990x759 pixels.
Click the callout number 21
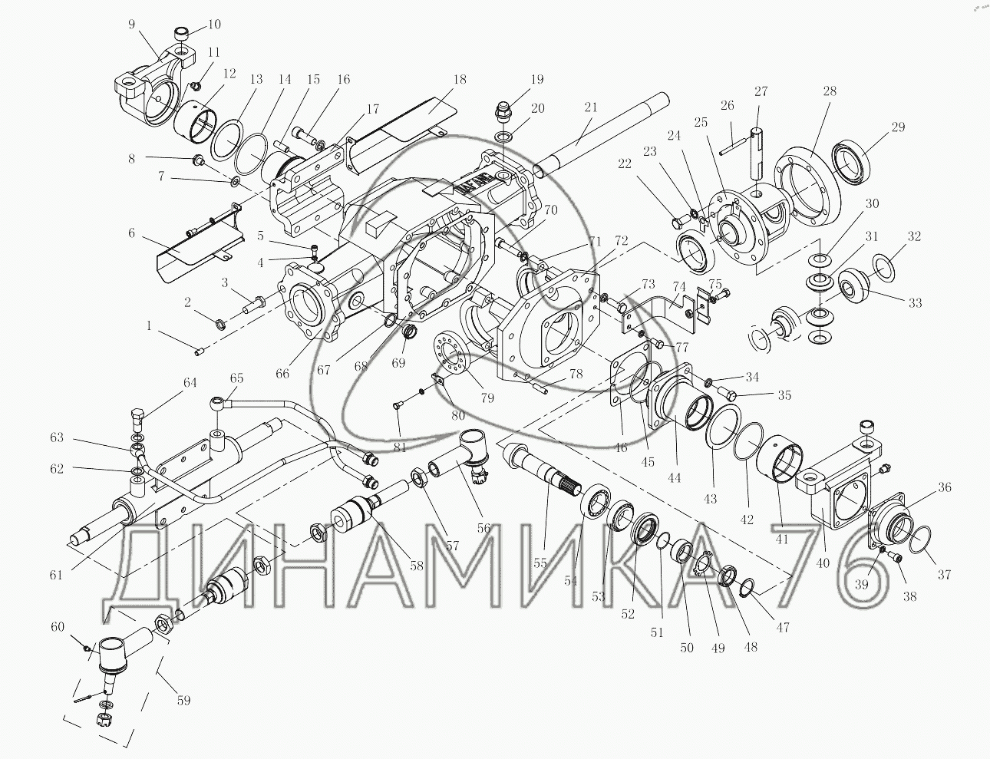click(x=589, y=108)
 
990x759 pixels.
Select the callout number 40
click(x=823, y=563)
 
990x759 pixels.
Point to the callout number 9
click(x=131, y=24)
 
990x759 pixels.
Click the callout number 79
click(x=487, y=398)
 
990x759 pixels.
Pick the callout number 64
click(x=189, y=383)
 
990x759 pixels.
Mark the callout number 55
click(x=540, y=563)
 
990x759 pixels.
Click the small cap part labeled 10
click(x=182, y=35)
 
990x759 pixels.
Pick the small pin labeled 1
click(x=200, y=351)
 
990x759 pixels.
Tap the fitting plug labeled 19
click(x=504, y=111)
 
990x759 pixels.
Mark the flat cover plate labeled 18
click(x=414, y=119)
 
